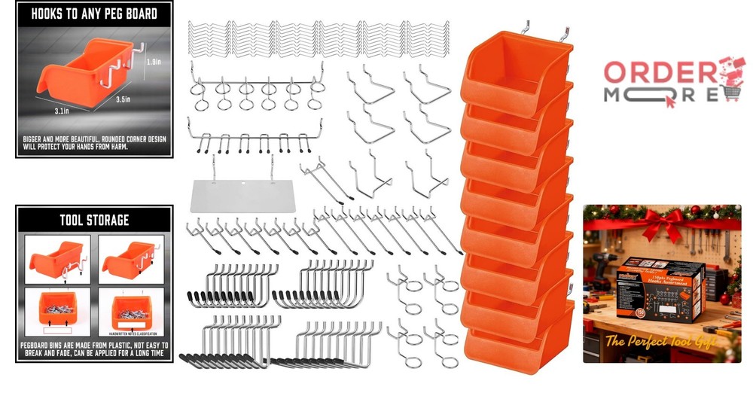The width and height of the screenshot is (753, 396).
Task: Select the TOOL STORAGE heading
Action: tap(93, 221)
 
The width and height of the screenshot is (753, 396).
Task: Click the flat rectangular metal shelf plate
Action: tap(240, 195)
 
